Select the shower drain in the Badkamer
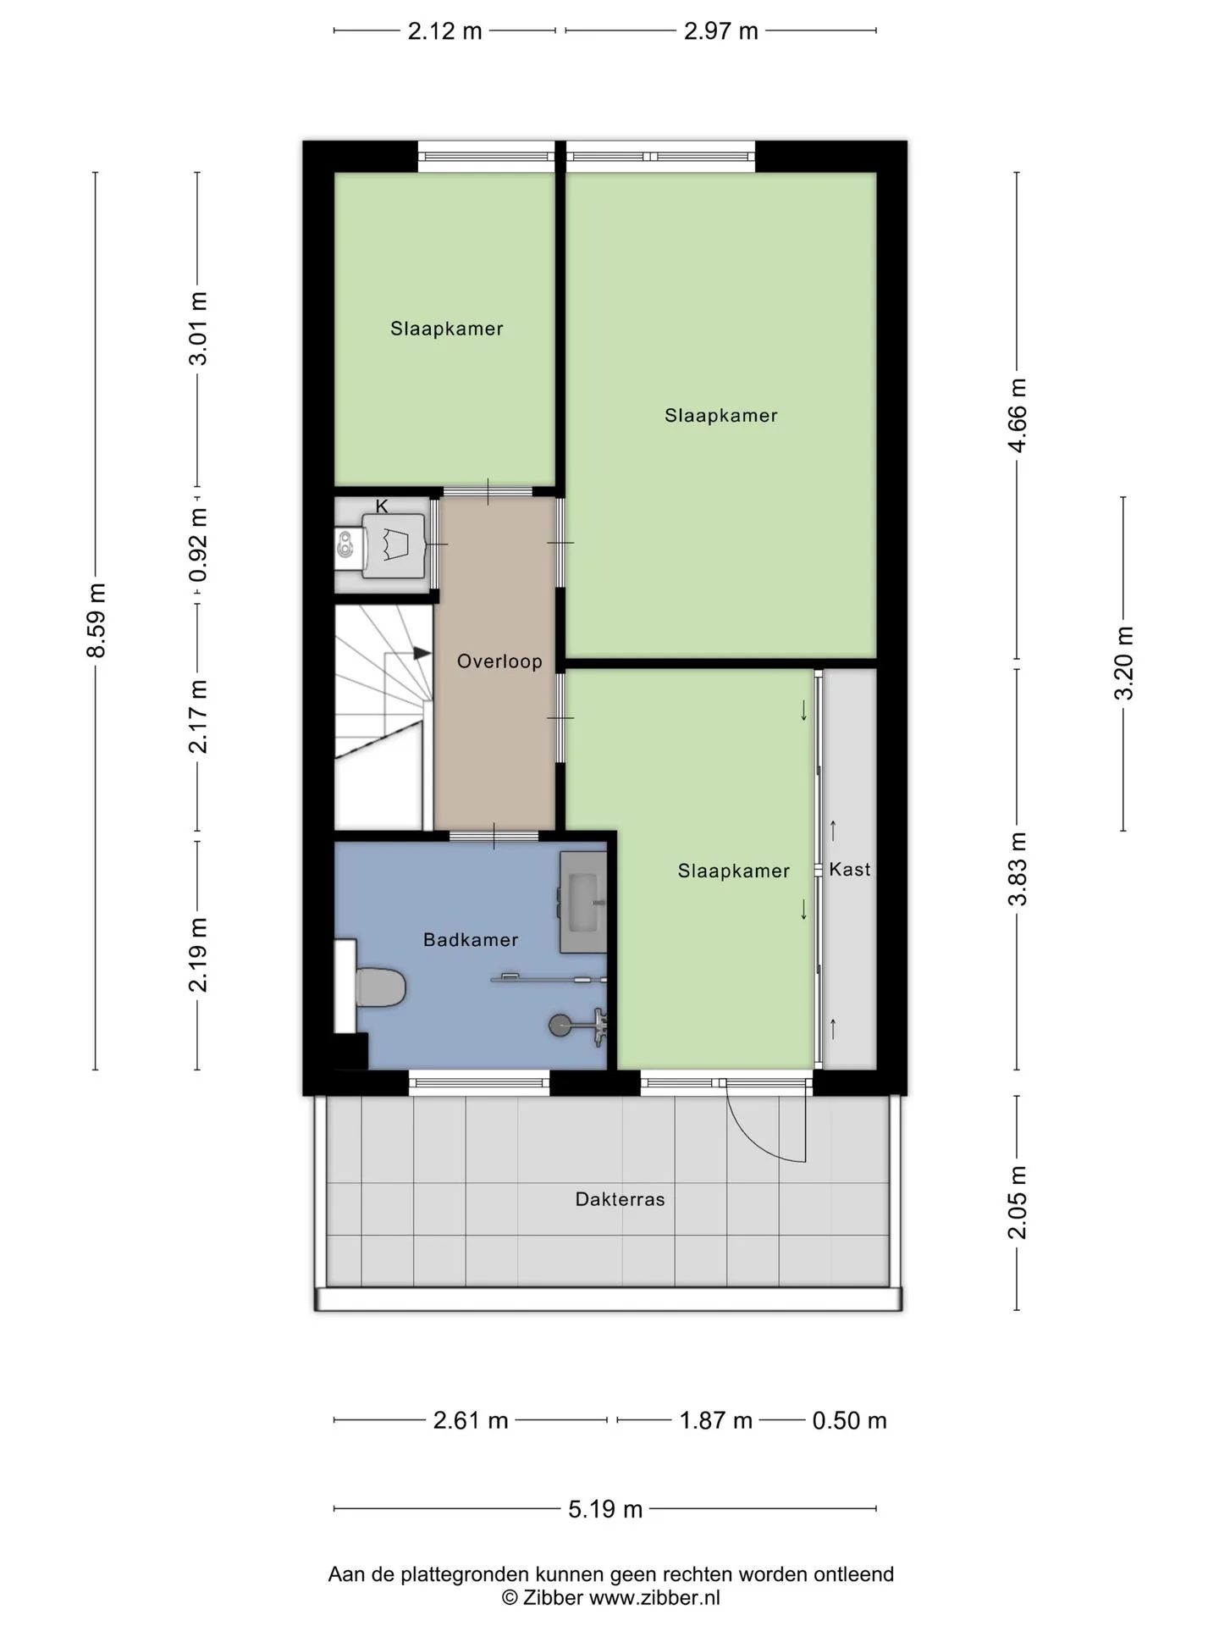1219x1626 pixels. coord(559,1026)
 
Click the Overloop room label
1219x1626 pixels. coord(499,661)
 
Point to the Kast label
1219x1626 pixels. coord(850,869)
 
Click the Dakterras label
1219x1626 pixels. coord(621,1199)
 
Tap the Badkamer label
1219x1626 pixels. coord(471,939)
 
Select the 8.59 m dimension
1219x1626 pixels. coord(97,621)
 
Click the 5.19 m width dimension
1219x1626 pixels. coord(605,1509)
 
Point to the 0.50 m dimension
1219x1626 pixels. coord(849,1420)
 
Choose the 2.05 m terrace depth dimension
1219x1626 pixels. coord(1017,1203)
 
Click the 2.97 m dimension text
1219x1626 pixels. coord(721,31)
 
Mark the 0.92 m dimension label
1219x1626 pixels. coord(198,545)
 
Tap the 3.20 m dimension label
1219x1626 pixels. coord(1123,663)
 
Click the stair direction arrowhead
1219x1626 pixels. coord(422,653)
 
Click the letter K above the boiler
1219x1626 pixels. coord(382,506)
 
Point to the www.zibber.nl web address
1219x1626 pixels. coord(654,1598)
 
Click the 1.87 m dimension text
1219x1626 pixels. coord(716,1420)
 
